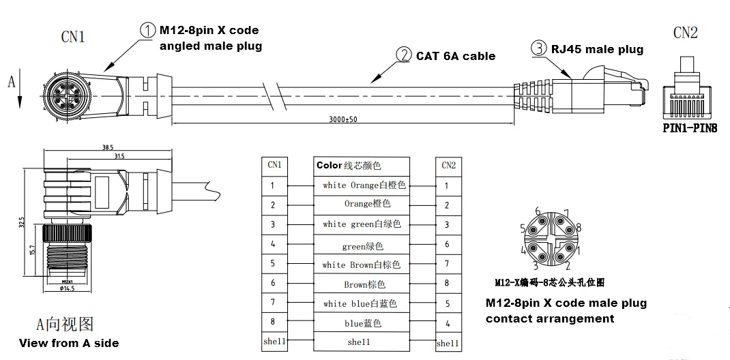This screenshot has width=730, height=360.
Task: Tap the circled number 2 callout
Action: (405, 55)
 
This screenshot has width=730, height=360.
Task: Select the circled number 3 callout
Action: (540, 48)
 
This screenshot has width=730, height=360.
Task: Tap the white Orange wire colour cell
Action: (364, 185)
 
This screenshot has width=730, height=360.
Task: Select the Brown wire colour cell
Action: (364, 284)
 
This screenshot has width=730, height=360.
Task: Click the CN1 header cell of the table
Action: (274, 165)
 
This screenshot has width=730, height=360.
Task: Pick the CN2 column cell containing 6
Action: (448, 244)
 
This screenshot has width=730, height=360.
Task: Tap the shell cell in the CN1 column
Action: (273, 342)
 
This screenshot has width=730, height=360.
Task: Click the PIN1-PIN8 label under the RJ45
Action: (690, 127)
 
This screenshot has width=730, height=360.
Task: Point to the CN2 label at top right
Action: (685, 33)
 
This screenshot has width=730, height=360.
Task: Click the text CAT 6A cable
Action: (456, 56)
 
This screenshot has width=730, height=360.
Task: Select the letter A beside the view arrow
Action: (11, 82)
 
